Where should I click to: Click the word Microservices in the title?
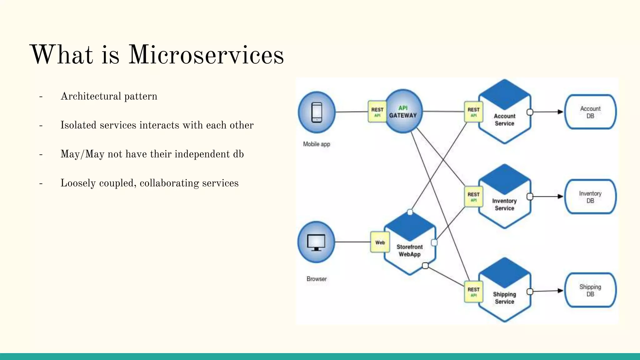[x=206, y=55]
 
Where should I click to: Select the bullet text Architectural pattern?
[x=109, y=96]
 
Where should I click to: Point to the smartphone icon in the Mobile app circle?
[x=317, y=112]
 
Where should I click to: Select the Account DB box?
[x=590, y=112]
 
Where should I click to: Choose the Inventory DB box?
[x=590, y=197]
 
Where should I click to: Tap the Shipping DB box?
[x=590, y=290]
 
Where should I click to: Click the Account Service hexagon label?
[x=504, y=120]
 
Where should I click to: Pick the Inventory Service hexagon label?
[x=504, y=204]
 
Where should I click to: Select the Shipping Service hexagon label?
[x=504, y=298]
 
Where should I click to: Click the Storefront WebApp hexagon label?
[x=409, y=251]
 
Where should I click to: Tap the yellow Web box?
[x=380, y=242]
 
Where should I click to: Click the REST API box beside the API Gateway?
[x=377, y=112]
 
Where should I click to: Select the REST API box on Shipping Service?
[x=473, y=292]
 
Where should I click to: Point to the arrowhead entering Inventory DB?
[x=560, y=197]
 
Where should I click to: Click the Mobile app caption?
[x=317, y=144]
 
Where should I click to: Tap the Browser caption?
[x=317, y=279]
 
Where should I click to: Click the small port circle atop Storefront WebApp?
[x=410, y=212]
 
